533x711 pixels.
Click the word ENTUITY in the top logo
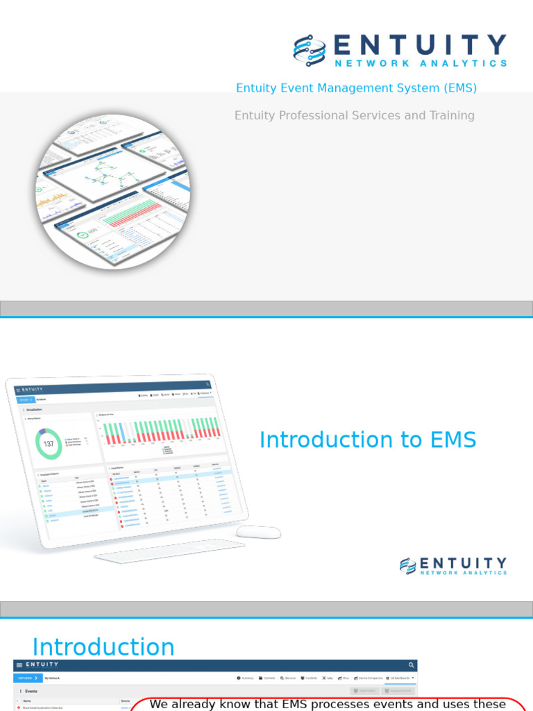click(x=420, y=46)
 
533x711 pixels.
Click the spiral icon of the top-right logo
click(x=310, y=50)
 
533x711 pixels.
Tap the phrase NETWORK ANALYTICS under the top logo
click(x=421, y=63)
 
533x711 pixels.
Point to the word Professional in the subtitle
click(x=317, y=115)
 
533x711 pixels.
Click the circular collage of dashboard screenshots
click(x=113, y=191)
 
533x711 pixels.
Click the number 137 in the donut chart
click(x=49, y=444)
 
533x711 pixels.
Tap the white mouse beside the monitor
click(x=258, y=532)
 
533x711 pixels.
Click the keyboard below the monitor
click(x=169, y=550)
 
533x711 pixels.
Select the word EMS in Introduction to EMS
click(x=453, y=440)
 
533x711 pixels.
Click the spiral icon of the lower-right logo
click(x=408, y=566)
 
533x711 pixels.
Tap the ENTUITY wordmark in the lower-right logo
click(x=463, y=563)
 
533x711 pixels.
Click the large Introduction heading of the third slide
click(x=103, y=647)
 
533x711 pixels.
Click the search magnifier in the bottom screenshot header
click(x=411, y=665)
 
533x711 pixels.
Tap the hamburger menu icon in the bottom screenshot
click(x=19, y=665)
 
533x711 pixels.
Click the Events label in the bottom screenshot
click(x=31, y=692)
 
